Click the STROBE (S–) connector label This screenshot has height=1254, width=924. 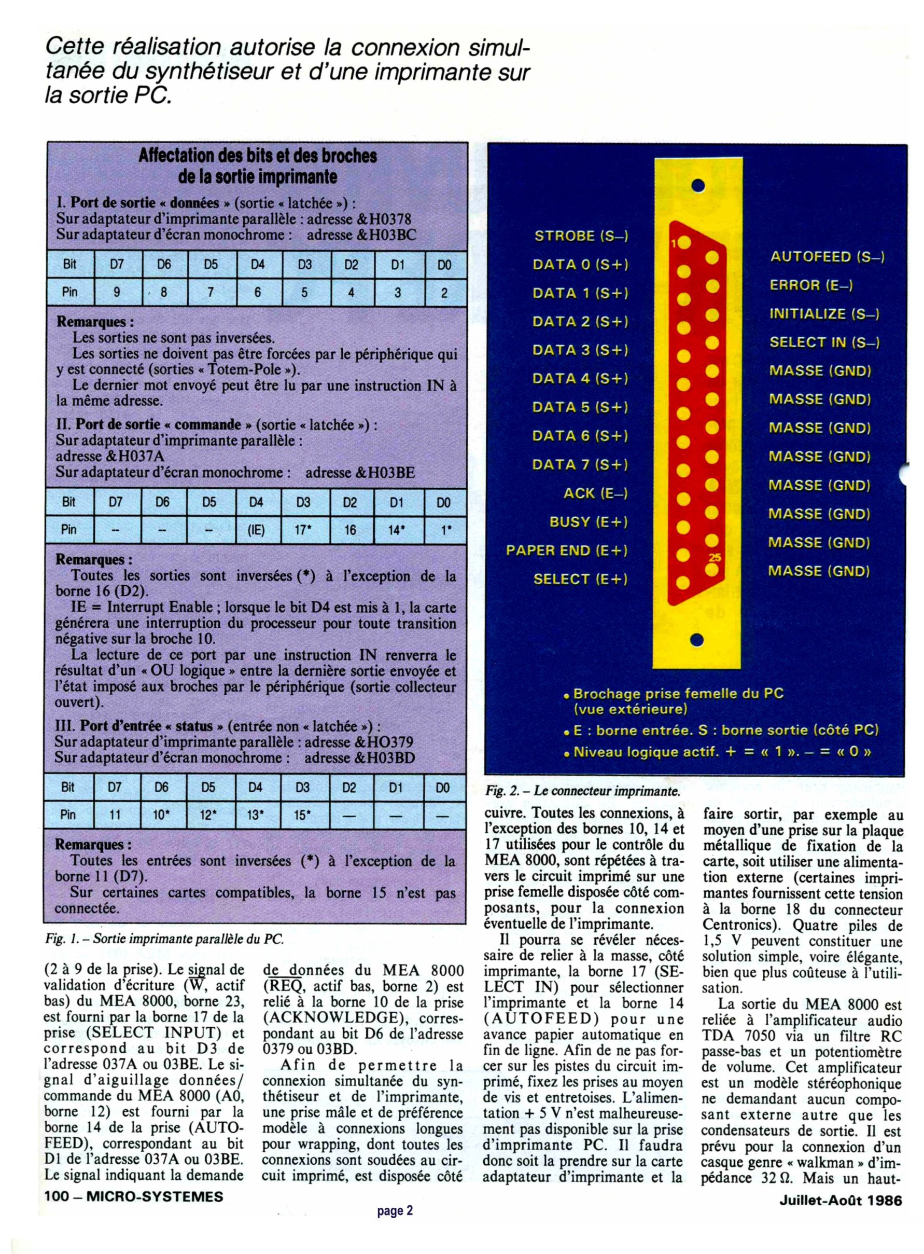pos(581,236)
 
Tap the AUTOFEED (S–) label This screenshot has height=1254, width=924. pos(827,257)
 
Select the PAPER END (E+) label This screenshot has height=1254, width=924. pos(567,550)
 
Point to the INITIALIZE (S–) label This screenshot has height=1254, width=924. pos(824,314)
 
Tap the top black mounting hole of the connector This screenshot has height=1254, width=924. pos(697,185)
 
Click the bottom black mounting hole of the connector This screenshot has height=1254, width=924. pos(696,640)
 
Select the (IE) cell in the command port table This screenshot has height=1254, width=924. pos(256,529)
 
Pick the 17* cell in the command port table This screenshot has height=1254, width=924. pos(303,529)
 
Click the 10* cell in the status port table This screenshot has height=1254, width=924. pos(161,815)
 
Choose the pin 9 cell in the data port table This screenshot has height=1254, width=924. pos(117,292)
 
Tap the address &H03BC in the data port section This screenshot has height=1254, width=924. pos(361,235)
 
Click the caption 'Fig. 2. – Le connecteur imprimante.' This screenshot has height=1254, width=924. pos(582,792)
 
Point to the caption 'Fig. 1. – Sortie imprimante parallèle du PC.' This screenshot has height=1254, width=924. pos(164,939)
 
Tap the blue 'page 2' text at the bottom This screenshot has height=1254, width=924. pos(395,1210)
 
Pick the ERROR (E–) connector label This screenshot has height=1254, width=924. pos(811,285)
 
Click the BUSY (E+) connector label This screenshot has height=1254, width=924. pos(589,522)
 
